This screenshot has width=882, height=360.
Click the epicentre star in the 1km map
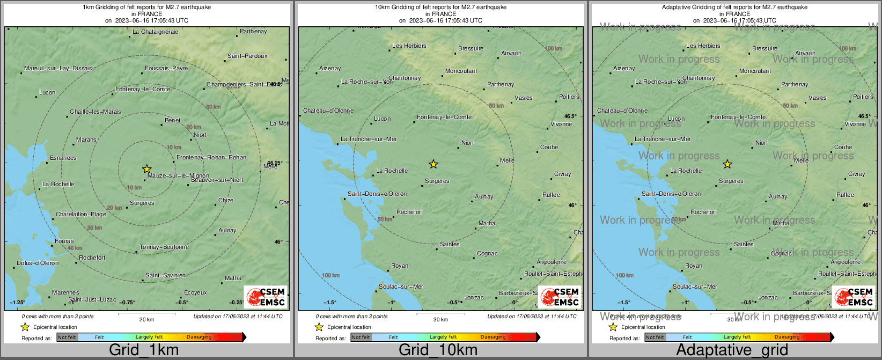pos(146,169)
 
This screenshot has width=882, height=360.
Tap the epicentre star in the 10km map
pos(433,164)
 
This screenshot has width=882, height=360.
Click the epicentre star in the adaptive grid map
pos(727,164)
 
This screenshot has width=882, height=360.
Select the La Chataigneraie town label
pos(155,32)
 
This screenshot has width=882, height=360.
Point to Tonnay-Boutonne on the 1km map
pos(164,247)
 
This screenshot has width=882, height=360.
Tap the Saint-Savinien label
pos(165,275)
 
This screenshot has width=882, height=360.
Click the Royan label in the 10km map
pos(400,266)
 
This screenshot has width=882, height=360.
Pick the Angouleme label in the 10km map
pos(552,262)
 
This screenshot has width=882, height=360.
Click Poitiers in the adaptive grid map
pos(863,97)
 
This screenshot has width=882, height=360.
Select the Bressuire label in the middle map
pos(471,48)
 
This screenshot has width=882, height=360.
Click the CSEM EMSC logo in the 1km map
pos(266,297)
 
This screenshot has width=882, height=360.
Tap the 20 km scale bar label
pos(146,319)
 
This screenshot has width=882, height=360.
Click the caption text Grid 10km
pos(438,350)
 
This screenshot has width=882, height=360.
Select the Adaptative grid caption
pos(732,350)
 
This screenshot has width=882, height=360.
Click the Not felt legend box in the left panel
pos(67,337)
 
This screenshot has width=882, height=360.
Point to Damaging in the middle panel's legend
pos(493,337)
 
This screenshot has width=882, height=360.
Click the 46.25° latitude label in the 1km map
pos(275,162)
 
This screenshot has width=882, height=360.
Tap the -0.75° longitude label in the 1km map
pos(127,303)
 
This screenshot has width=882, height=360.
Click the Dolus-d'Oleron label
pos(38,263)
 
